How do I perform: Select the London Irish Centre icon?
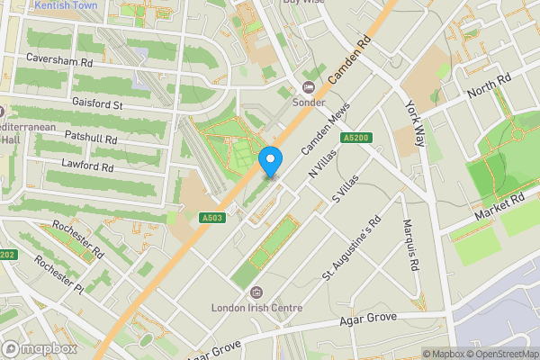click(256, 292)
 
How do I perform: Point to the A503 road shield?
click(212, 217)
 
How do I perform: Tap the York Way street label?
click(415, 123)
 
